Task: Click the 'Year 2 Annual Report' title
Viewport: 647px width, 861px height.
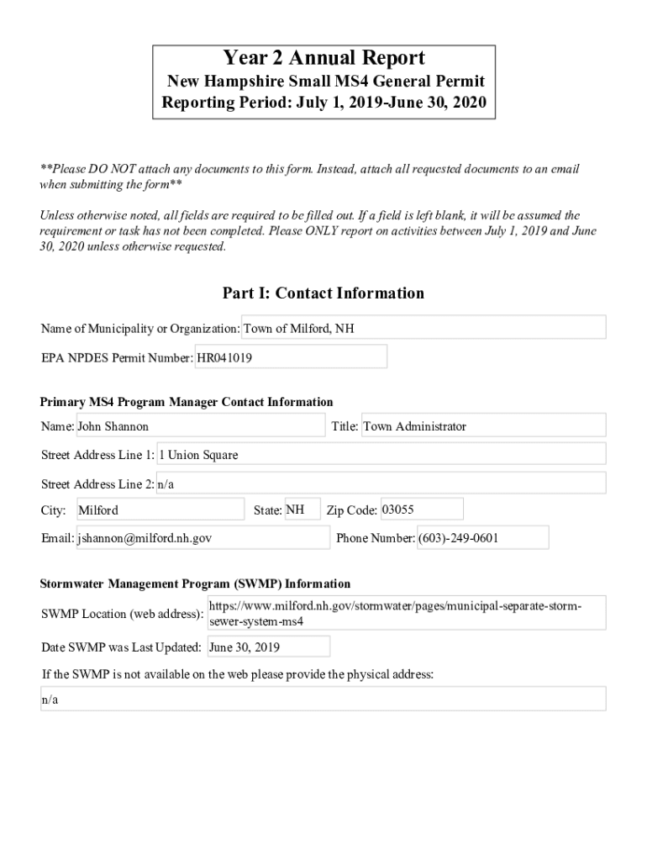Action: (x=323, y=58)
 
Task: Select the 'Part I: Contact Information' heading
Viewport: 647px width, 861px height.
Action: (x=323, y=293)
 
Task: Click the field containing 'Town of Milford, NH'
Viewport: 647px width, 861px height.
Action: (x=423, y=328)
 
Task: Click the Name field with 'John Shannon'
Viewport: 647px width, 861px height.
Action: (x=200, y=426)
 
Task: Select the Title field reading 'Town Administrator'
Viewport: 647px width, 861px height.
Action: (x=483, y=426)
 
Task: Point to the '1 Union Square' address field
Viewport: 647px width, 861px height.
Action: (x=381, y=455)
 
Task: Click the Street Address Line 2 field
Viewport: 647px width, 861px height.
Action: (x=381, y=483)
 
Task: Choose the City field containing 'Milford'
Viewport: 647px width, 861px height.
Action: (x=160, y=510)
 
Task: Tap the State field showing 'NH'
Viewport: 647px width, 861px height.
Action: (x=302, y=510)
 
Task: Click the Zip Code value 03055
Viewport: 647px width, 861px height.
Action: (x=421, y=510)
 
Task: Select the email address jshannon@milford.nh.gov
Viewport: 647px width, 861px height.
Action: (x=203, y=538)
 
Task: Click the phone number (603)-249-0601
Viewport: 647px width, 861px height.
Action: (x=482, y=538)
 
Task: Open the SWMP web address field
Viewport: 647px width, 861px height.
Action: (x=406, y=614)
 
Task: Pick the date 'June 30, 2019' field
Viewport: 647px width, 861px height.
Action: (x=268, y=647)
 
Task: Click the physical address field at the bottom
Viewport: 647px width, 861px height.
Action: (x=323, y=700)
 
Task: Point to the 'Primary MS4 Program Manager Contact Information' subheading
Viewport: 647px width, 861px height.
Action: (x=187, y=402)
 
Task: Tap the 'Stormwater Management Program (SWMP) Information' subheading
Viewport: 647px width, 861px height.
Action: (x=195, y=584)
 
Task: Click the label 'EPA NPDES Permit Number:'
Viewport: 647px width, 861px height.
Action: (x=117, y=358)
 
